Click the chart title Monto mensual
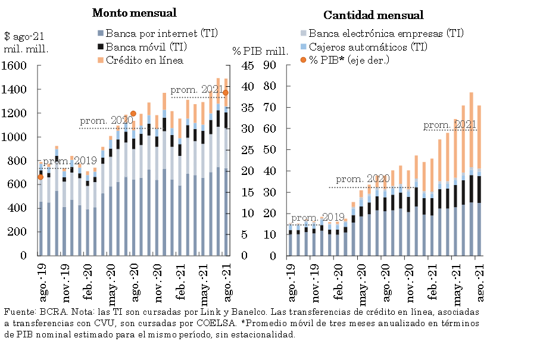tap(134, 12)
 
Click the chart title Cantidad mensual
tap(373, 15)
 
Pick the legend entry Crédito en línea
tap(145, 60)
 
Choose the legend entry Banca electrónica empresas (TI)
tap(385, 33)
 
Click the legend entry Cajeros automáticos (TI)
tap(367, 46)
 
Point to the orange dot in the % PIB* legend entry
tap(304, 60)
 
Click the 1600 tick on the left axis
tap(14, 66)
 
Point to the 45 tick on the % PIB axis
tap(248, 66)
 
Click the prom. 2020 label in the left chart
tap(114, 120)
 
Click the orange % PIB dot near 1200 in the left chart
tap(133, 113)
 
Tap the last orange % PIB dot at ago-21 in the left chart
tap(226, 92)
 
